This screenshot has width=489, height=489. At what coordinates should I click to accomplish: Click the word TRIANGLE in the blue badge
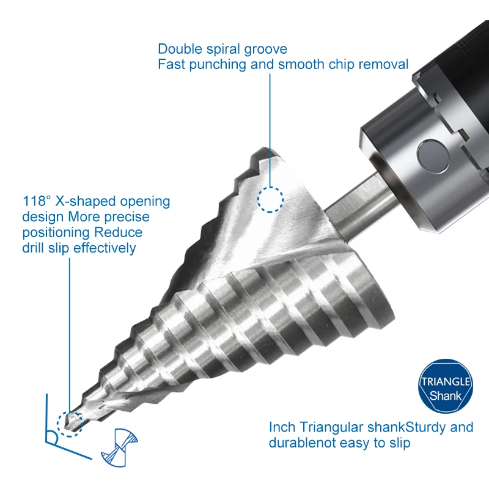pos(446,382)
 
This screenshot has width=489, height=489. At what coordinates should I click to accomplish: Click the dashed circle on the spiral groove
pos(270,199)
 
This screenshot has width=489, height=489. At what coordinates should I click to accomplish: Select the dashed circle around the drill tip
pos(70,421)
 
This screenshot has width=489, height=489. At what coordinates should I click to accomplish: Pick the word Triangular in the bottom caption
pos(326,427)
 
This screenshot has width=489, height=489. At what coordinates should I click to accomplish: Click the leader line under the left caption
pos(68,330)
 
